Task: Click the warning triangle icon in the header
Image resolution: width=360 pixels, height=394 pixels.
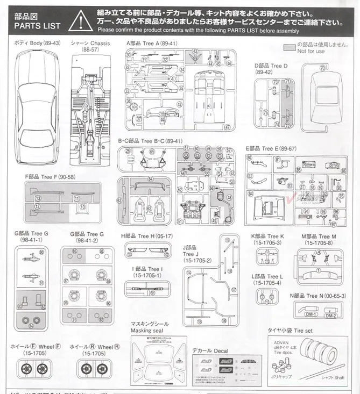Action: pyautogui.click(x=80, y=21)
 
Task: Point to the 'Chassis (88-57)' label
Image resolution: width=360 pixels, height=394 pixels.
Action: pyautogui.click(x=90, y=43)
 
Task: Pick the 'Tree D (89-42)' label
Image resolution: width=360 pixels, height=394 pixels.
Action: pyautogui.click(x=271, y=69)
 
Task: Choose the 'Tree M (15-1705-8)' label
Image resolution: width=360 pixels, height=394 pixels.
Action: pyautogui.click(x=319, y=239)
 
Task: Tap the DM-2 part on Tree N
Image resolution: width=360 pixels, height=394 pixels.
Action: pyautogui.click(x=331, y=315)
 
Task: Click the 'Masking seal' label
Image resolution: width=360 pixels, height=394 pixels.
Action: pyautogui.click(x=149, y=327)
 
